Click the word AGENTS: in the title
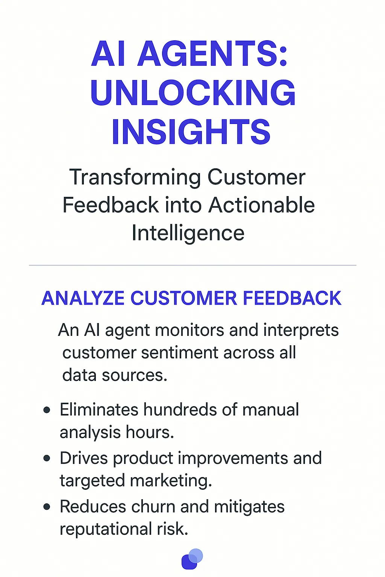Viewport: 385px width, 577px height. click(212, 54)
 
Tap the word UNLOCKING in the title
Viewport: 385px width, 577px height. click(193, 93)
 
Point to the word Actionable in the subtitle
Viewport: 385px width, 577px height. click(262, 205)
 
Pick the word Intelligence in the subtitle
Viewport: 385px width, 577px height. click(188, 233)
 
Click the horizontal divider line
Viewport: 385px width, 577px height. click(192, 265)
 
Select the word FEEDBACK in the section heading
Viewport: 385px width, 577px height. click(292, 298)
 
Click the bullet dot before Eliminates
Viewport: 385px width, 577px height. click(47, 410)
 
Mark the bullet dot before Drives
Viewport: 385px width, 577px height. click(47, 458)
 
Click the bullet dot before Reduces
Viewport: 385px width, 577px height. click(47, 507)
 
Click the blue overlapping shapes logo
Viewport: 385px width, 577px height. click(192, 559)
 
